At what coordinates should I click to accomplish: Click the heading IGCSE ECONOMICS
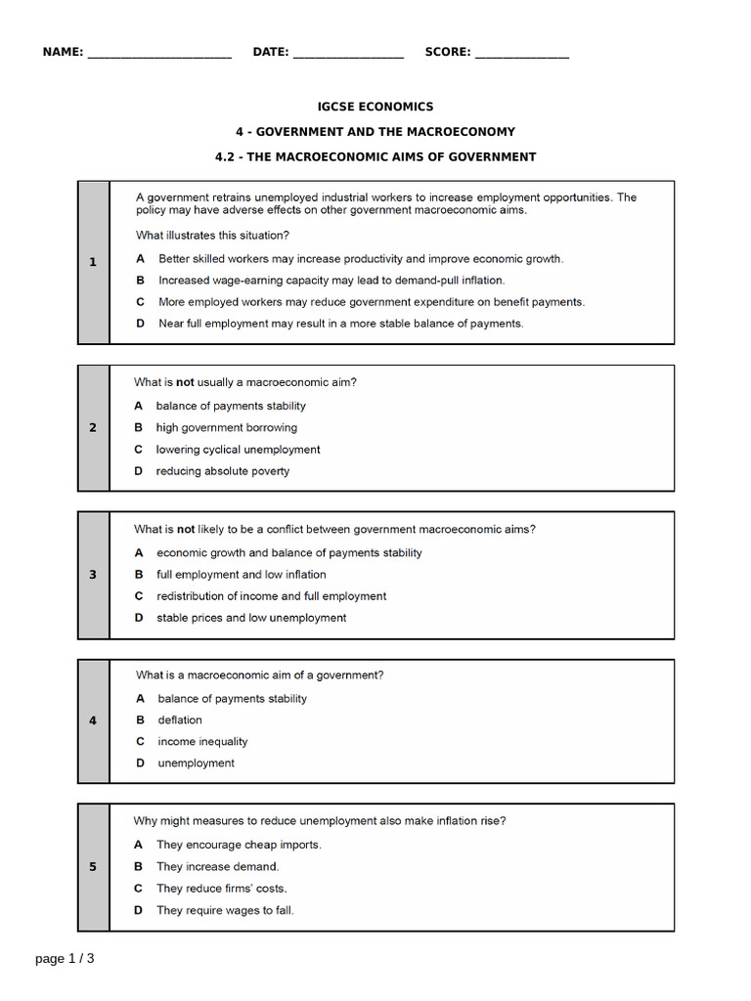[x=375, y=107]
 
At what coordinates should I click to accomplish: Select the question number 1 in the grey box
[x=93, y=262]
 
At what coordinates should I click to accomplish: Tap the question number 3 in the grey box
[x=93, y=575]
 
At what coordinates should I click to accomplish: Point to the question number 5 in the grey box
[x=93, y=867]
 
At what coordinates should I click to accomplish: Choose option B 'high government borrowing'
[x=226, y=427]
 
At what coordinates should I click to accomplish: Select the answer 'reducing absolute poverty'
[x=222, y=471]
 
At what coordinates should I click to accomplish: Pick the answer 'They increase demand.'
[x=217, y=866]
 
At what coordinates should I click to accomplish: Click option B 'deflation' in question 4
[x=180, y=719]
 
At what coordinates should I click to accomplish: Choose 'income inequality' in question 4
[x=202, y=741]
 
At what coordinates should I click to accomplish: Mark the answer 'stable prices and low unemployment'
[x=251, y=618]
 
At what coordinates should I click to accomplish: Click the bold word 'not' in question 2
[x=186, y=382]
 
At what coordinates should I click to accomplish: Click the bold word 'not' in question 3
[x=186, y=529]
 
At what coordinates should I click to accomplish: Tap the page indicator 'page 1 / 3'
[x=65, y=959]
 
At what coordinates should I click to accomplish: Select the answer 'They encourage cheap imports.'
[x=239, y=845]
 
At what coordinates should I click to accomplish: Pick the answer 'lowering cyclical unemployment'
[x=238, y=450]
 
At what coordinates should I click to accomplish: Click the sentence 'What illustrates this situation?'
[x=212, y=235]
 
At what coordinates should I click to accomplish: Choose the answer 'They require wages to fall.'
[x=225, y=910]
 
